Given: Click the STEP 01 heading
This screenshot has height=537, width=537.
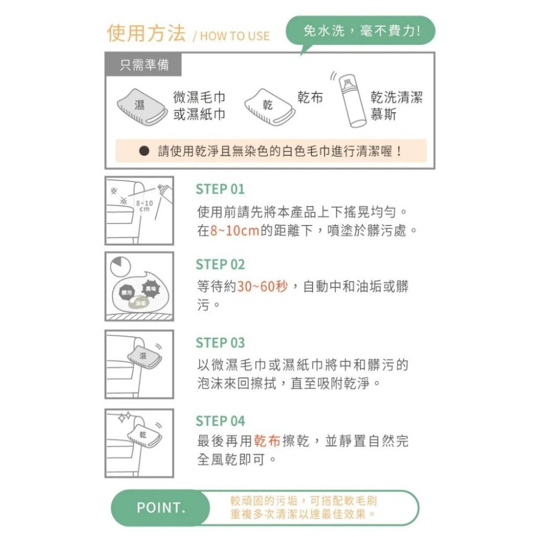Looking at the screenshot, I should tap(220, 189).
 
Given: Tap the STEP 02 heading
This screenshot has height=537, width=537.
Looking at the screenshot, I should tap(220, 265).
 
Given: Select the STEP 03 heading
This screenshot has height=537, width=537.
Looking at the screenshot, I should tap(220, 343).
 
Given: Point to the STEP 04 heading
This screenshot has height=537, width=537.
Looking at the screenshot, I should tap(220, 420).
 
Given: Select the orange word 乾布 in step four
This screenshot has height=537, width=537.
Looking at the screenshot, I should tap(267, 441).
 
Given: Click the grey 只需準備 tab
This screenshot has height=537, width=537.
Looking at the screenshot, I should tap(144, 66).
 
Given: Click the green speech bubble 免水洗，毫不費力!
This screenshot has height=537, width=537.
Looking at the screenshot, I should tap(361, 31).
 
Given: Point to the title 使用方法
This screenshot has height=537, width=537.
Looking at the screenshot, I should tap(146, 33).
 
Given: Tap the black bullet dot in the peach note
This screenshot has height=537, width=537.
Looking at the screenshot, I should tap(143, 151).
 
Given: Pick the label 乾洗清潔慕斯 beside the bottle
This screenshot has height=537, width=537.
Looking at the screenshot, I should tap(396, 106).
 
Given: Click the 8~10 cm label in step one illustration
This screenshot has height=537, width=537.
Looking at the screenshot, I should tap(144, 206).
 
